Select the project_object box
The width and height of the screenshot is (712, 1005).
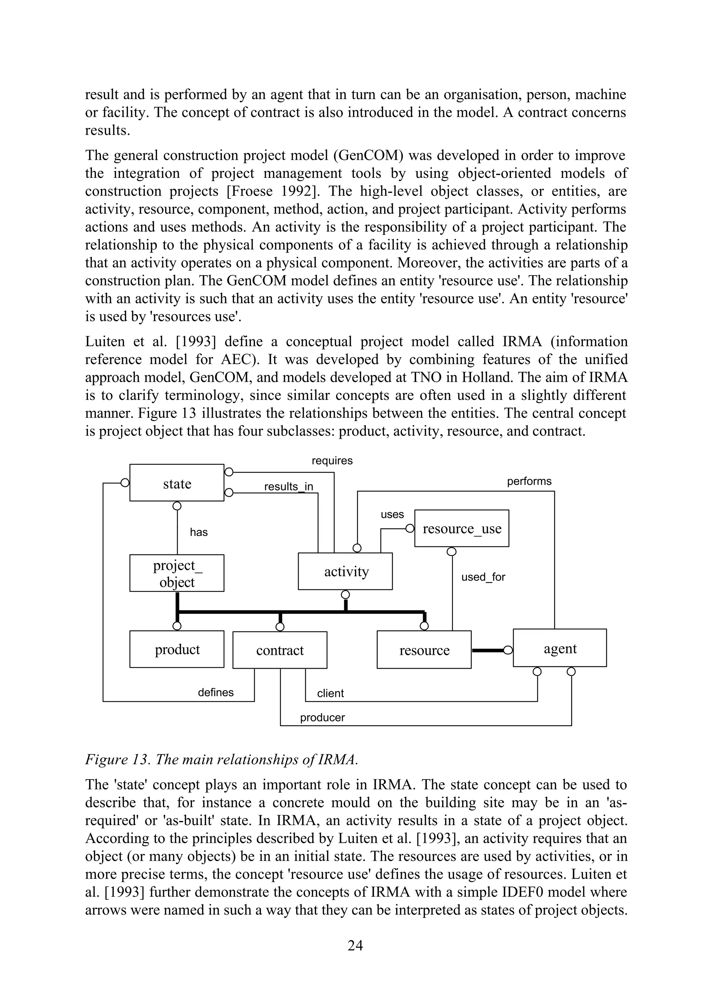pyautogui.click(x=177, y=573)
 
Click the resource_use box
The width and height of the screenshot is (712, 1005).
pyautogui.click(x=462, y=528)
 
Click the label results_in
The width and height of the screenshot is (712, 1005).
pyautogui.click(x=289, y=487)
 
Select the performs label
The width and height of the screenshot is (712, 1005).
pyautogui.click(x=529, y=481)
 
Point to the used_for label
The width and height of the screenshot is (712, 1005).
pyautogui.click(x=483, y=577)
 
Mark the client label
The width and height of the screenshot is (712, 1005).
pyautogui.click(x=330, y=693)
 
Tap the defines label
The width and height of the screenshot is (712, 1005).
pyautogui.click(x=216, y=693)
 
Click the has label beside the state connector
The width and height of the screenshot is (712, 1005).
pyautogui.click(x=199, y=532)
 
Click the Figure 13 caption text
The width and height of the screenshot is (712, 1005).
pyautogui.click(x=221, y=759)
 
